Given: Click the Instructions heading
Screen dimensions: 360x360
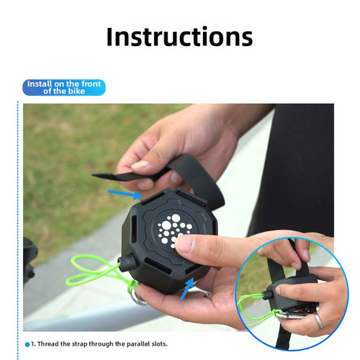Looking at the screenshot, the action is point(179,37).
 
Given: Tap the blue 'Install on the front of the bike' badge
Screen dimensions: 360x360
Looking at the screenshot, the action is point(64,88).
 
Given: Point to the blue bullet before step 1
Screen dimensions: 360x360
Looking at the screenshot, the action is point(27,344).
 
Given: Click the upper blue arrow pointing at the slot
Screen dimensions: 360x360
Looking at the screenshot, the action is point(125,194).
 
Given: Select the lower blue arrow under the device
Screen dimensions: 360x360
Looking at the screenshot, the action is point(187,289).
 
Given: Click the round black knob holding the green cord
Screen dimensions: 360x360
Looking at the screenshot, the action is point(127,262).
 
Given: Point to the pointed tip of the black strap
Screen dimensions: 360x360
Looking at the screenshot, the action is point(92,175).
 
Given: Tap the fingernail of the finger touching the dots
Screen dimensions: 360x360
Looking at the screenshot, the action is point(184,244).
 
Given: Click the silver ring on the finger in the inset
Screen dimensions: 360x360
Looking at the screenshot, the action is point(319,321).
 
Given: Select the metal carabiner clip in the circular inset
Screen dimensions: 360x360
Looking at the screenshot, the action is point(292,315).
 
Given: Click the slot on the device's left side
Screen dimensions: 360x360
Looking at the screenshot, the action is point(134,229).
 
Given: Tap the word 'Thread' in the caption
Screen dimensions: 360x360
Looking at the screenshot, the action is point(48,344).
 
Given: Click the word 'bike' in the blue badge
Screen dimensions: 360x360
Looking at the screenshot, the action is point(76,91).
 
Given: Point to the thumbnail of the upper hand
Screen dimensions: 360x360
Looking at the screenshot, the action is point(140,165).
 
